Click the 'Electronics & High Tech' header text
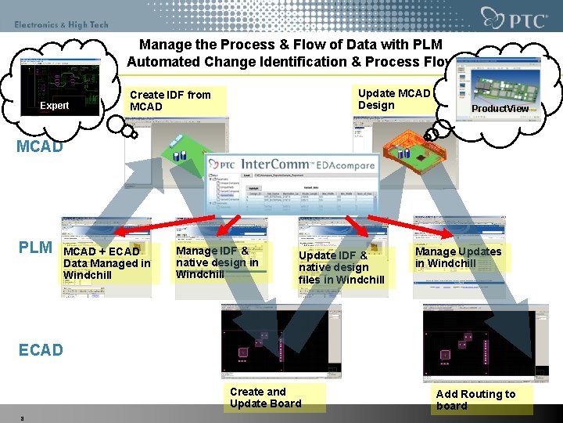click(x=61, y=25)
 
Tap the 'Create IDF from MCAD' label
click(x=170, y=100)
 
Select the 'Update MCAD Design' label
click(x=394, y=99)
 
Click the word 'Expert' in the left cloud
click(x=55, y=106)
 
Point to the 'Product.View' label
click(x=500, y=108)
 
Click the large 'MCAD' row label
click(x=41, y=146)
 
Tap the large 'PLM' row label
click(x=35, y=248)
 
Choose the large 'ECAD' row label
click(x=41, y=349)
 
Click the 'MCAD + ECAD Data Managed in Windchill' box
click(x=107, y=263)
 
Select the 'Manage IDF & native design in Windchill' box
click(x=217, y=262)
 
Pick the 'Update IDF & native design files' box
click(x=342, y=267)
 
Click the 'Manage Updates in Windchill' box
click(x=458, y=257)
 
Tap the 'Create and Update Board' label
click(x=265, y=397)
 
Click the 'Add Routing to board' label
click(x=475, y=399)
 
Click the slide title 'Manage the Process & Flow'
click(x=290, y=53)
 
